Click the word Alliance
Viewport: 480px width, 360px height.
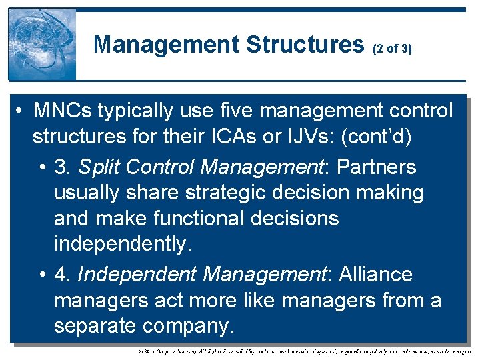pyautogui.click(x=375, y=274)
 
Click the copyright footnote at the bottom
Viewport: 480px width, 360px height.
pyautogui.click(x=304, y=350)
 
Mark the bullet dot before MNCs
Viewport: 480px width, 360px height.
pyautogui.click(x=21, y=111)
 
